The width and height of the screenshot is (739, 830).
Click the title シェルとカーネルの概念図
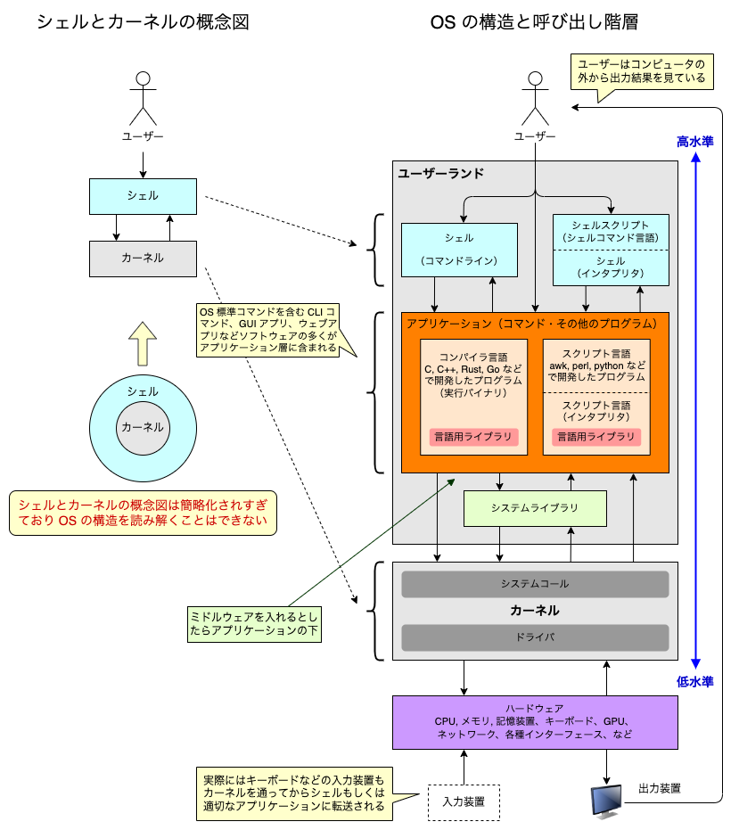[x=142, y=22]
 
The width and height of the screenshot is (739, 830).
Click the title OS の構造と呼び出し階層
[x=534, y=22]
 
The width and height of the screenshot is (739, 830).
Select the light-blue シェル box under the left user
[x=143, y=195]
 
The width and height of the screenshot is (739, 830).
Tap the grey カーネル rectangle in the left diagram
[x=143, y=258]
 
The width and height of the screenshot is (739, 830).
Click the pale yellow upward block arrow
[x=143, y=343]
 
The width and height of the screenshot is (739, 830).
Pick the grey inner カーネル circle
[x=143, y=427]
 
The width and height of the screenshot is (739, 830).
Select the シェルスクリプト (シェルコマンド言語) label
[x=611, y=232]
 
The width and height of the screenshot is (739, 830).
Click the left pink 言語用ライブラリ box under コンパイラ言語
[x=473, y=437]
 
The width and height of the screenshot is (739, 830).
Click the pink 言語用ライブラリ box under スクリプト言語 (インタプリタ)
[x=596, y=437]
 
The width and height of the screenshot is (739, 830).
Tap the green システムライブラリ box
[x=535, y=507]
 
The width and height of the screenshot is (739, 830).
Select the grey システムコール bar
[x=535, y=584]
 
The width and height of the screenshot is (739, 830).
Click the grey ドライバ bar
[x=535, y=637]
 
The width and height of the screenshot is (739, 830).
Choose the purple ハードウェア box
[x=535, y=722]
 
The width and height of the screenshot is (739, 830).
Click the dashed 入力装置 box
[x=464, y=801]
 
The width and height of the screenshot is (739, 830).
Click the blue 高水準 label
[x=694, y=141]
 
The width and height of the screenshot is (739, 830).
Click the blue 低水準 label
[x=694, y=681]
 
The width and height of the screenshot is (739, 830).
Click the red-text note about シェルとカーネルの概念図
[x=143, y=513]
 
